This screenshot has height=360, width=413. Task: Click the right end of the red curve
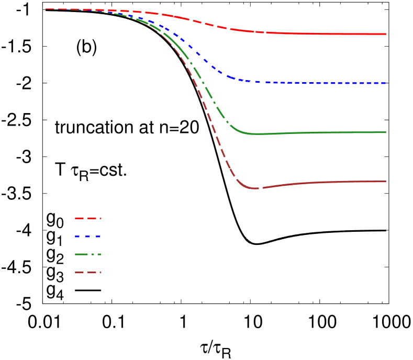pos(386,34)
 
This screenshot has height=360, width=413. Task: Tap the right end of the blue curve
pos(386,83)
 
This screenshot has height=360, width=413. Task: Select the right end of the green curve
pos(386,132)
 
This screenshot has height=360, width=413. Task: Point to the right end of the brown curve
pos(386,182)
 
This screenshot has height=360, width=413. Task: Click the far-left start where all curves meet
pos(47,9)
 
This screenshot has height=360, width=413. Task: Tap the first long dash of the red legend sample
pos(79,218)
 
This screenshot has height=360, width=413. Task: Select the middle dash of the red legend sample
pos(92,218)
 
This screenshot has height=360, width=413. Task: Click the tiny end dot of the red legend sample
pos(101,218)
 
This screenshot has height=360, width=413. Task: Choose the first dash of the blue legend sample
pos(77,237)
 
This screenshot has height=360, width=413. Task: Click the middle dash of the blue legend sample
pos(87,237)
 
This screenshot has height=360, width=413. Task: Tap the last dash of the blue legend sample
pos(98,237)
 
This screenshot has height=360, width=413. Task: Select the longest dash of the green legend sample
pos(81,254)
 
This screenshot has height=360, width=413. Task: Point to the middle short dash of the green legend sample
pos(93,254)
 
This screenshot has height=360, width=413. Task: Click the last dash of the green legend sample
pos(99,254)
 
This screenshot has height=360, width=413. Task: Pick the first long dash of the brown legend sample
pos(79,273)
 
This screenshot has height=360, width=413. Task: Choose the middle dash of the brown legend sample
pos(92,273)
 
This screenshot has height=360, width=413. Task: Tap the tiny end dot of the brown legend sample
pos(101,273)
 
